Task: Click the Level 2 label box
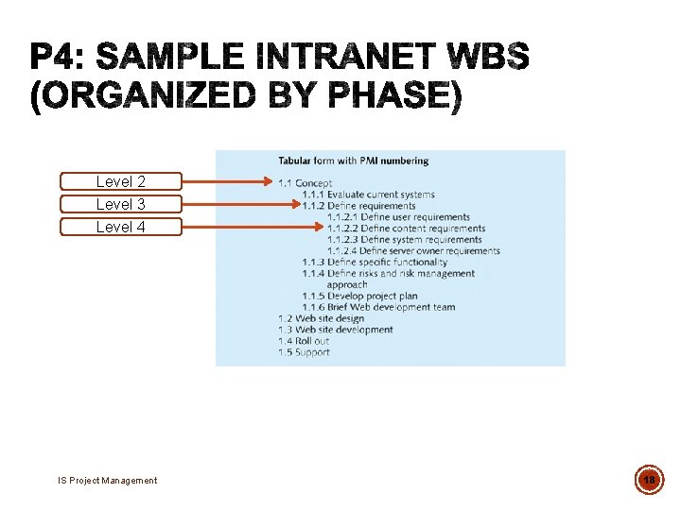click(121, 181)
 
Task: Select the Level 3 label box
click(121, 204)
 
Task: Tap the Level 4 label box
click(121, 227)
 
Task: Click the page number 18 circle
click(650, 480)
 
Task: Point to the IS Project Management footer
click(107, 481)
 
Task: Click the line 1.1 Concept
click(305, 183)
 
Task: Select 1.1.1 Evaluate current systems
click(369, 195)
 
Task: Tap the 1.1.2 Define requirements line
click(359, 206)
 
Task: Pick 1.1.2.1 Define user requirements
click(398, 217)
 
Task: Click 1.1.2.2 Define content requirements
click(406, 229)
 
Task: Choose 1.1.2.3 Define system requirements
click(405, 240)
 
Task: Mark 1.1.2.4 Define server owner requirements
click(413, 251)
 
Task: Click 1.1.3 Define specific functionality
click(375, 263)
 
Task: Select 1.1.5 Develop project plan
click(359, 296)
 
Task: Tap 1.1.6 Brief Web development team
click(378, 307)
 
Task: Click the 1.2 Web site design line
click(321, 318)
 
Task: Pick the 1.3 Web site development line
click(335, 330)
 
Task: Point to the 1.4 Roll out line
click(304, 341)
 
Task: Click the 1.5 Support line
click(304, 352)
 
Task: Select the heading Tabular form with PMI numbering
click(353, 161)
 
